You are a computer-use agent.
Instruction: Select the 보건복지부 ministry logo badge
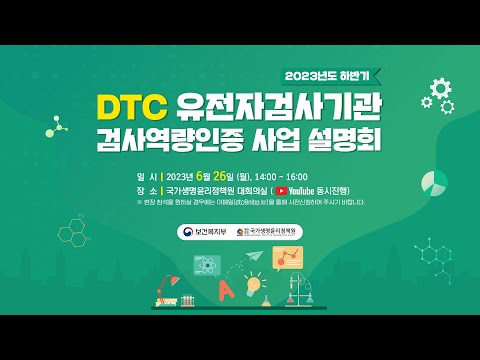point(205,232)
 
